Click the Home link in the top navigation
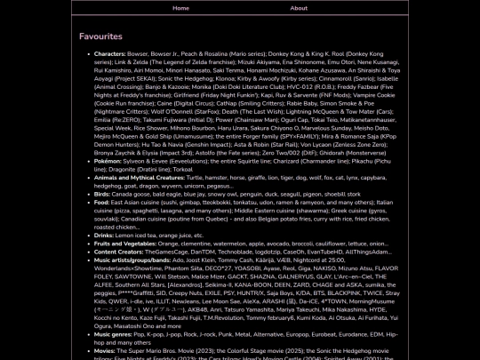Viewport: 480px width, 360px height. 180,8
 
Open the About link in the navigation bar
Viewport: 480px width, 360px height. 300,8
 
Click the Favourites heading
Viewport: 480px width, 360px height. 100,36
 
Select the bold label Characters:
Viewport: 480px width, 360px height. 110,53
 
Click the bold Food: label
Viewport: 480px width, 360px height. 102,202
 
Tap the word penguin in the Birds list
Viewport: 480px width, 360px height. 264,194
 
